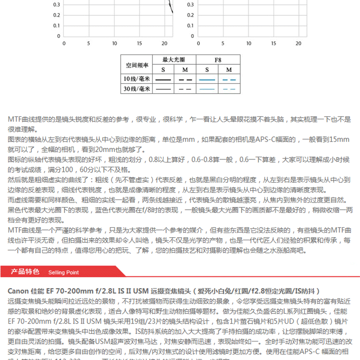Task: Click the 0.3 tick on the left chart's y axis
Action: pos(57,5)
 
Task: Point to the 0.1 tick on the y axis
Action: pos(57,25)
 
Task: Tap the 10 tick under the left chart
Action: pos(114,44)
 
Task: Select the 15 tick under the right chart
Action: pos(273,44)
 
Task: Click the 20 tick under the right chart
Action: pos(298,44)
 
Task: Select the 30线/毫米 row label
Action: pos(137,89)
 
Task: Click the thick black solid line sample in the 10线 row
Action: pos(163,80)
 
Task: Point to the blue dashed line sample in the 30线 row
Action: pos(229,89)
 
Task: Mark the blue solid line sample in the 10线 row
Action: pos(207,80)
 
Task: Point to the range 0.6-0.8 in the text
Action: pos(203,160)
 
